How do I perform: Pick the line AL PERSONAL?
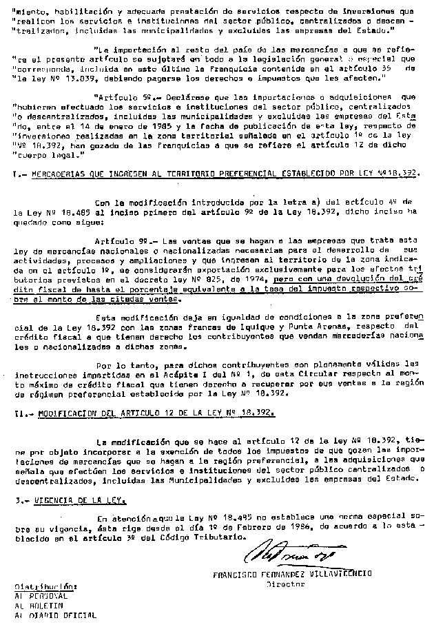41,595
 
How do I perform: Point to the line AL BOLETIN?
39,605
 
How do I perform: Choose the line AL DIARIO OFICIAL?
56,615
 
